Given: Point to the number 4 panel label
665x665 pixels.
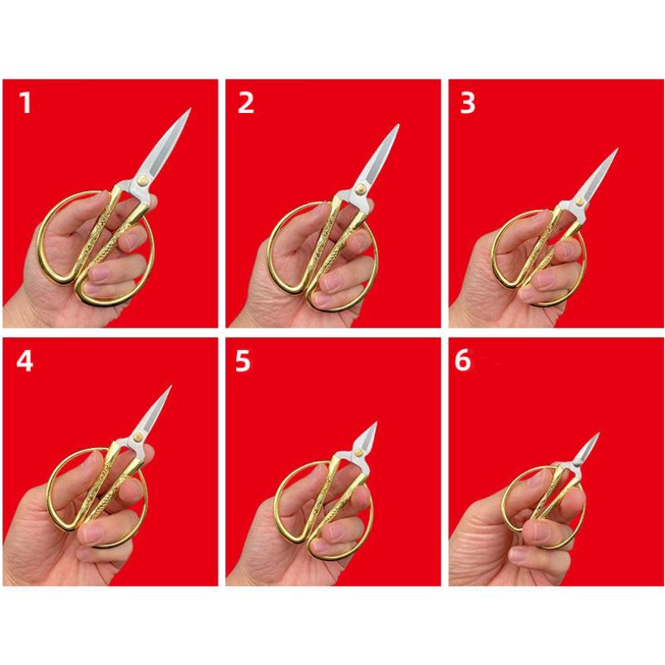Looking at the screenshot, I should click(x=25, y=363).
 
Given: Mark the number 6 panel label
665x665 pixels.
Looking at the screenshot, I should click(x=463, y=363).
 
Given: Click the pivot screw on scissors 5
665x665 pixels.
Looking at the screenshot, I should click(x=356, y=452).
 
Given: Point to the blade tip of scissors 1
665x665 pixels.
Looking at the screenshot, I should click(x=190, y=110).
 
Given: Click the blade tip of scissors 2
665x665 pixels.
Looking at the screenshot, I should click(x=398, y=126).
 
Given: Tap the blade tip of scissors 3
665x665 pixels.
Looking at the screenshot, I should click(x=617, y=150).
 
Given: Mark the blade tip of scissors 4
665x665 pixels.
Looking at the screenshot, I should click(x=170, y=387).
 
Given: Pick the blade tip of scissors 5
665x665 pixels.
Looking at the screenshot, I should click(x=376, y=423).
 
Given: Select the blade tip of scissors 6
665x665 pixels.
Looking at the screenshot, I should click(x=598, y=434).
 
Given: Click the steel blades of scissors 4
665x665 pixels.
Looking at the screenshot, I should click(x=150, y=420).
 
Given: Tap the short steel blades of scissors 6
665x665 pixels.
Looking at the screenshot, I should click(x=584, y=453).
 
